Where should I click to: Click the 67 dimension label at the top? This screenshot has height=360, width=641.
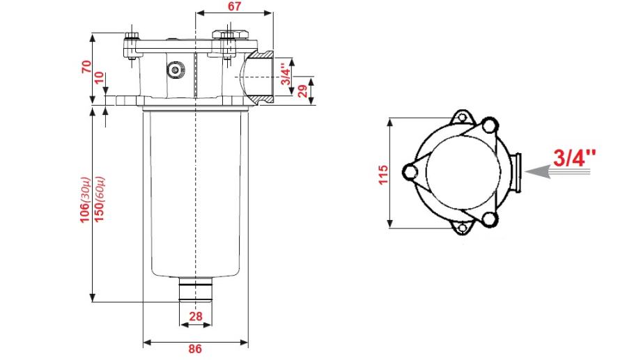tap(234, 6)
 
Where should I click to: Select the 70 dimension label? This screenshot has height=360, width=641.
tap(86, 66)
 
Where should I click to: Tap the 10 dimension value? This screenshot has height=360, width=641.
tap(100, 77)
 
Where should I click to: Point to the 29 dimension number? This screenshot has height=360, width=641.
tap(303, 91)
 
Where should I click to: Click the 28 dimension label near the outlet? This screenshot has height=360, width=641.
tap(196, 316)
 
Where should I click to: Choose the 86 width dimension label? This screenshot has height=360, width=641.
tap(195, 349)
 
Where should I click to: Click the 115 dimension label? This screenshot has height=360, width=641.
tap(383, 175)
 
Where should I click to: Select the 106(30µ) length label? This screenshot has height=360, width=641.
tap(84, 200)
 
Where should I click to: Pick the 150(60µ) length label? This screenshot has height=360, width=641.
tap(100, 199)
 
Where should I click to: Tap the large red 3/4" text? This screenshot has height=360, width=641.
tap(574, 158)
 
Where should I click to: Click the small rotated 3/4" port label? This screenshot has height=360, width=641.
tap(286, 74)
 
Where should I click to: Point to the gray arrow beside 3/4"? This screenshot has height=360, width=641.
tap(557, 171)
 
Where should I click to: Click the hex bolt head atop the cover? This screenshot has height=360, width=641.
tap(228, 35)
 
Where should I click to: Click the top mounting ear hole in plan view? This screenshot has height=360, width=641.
tap(462, 118)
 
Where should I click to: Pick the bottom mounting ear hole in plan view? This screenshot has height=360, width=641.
tap(462, 228)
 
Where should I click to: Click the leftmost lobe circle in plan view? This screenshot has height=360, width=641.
tap(410, 171)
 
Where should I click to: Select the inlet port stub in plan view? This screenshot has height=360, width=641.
tap(517, 172)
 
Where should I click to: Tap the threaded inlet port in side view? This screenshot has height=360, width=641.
tap(258, 77)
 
